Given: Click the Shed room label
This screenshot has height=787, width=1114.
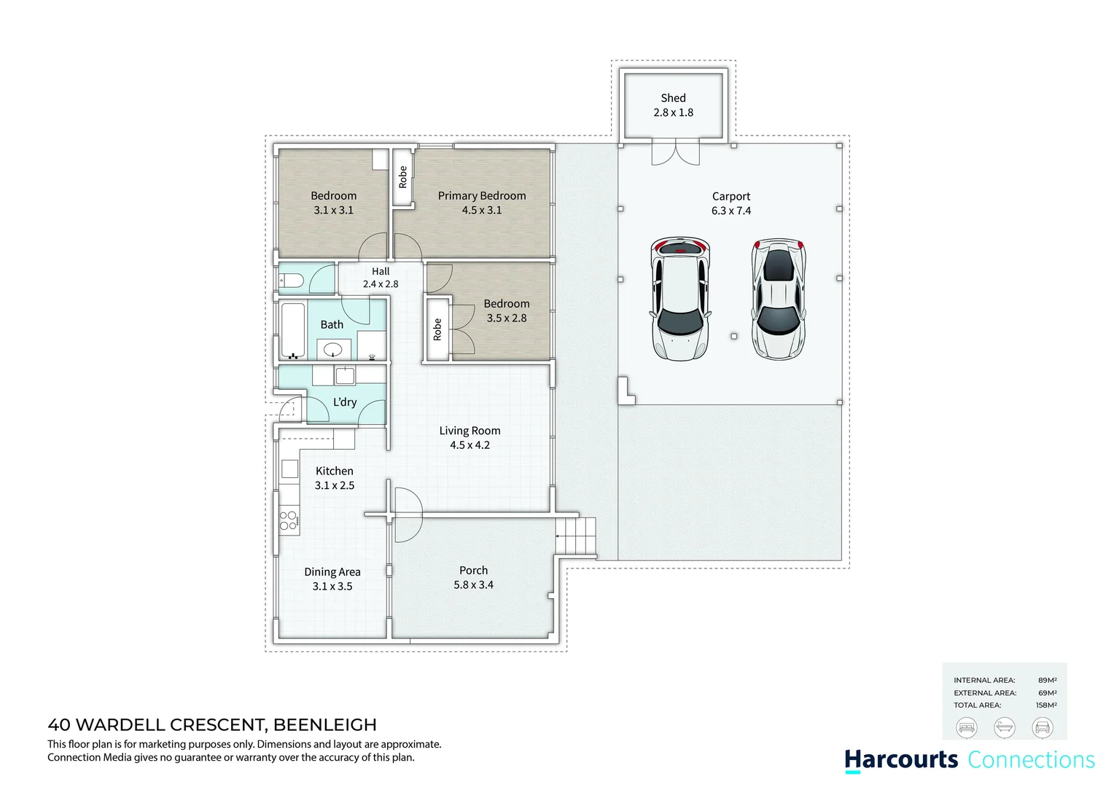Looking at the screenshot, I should click(673, 98).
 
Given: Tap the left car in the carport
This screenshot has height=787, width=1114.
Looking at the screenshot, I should click(679, 299).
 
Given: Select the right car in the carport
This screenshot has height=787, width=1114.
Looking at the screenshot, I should click(779, 299).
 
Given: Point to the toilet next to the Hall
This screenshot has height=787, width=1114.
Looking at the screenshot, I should click(292, 281).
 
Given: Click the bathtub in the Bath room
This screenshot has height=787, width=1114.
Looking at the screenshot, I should click(293, 331).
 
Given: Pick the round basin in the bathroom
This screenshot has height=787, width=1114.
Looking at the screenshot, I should click(333, 348).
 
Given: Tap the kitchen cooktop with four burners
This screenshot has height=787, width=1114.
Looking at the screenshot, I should click(288, 520).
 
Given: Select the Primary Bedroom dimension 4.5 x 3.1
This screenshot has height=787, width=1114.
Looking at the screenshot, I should click(481, 211).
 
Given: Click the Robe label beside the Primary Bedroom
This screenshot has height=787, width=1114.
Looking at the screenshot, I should click(402, 177).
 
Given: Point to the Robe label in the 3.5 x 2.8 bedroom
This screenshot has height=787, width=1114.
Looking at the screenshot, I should click(437, 329).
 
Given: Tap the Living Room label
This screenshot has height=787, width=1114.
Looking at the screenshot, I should click(470, 431).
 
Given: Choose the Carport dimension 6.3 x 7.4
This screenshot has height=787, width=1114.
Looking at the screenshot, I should click(731, 211).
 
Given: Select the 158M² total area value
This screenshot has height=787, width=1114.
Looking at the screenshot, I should click(1046, 705).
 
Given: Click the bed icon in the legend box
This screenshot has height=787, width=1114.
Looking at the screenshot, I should click(966, 727).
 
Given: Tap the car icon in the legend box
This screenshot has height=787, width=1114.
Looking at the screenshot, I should click(1043, 727).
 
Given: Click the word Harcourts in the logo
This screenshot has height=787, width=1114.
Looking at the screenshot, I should click(901, 759).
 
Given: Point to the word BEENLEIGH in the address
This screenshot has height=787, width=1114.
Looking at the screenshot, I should click(325, 725).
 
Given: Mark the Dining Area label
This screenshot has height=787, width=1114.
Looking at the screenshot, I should click(332, 572).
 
